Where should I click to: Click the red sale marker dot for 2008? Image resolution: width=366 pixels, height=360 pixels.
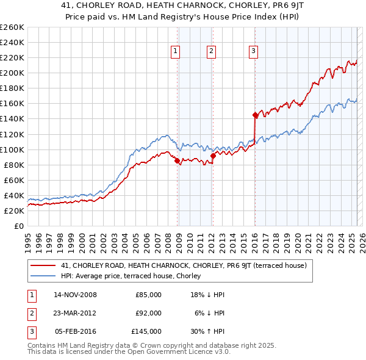point(178,161)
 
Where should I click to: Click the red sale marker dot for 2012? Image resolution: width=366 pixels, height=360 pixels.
point(213,156)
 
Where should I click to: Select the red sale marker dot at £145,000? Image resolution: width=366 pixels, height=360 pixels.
point(255,115)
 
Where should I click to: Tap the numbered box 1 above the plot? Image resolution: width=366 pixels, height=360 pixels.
point(175,52)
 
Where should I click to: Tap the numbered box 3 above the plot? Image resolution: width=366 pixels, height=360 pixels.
point(253,52)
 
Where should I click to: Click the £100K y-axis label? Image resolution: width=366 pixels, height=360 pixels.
point(12,149)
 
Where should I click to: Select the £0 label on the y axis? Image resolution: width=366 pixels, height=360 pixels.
point(20,226)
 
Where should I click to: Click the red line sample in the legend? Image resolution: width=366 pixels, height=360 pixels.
point(43,265)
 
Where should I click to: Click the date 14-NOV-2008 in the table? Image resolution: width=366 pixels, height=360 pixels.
point(75,295)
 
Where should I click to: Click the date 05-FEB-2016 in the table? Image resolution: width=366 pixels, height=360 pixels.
point(75,331)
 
